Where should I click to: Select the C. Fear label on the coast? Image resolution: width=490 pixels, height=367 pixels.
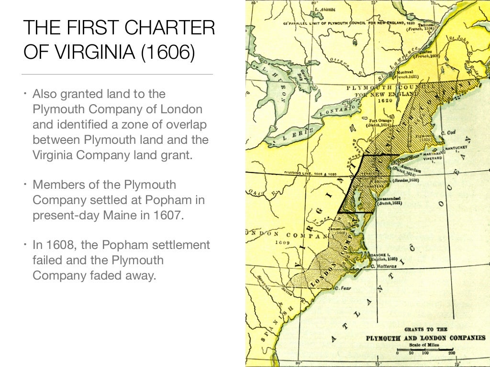pyautogui.click(x=343, y=288)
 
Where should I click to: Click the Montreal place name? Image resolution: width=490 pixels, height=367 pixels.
pyautogui.click(x=403, y=72)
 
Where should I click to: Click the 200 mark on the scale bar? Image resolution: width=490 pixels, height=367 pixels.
pyautogui.click(x=451, y=353)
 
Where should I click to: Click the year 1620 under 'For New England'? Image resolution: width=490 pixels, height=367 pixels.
pyautogui.click(x=384, y=101)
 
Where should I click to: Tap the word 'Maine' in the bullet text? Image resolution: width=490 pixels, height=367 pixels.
pyautogui.click(x=118, y=215)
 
